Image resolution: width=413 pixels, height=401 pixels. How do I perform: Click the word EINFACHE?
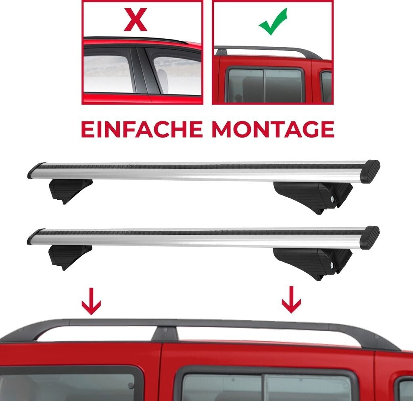[x=142, y=129]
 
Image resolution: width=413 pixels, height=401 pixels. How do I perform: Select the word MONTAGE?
[x=273, y=129]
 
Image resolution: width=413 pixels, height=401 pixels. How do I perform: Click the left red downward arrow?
[x=91, y=301]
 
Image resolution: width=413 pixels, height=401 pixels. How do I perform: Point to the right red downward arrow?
[x=291, y=300]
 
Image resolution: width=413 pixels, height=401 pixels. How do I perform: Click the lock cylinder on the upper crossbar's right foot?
[x=332, y=199]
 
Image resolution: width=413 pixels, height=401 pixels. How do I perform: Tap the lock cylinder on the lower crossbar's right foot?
[x=332, y=265]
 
